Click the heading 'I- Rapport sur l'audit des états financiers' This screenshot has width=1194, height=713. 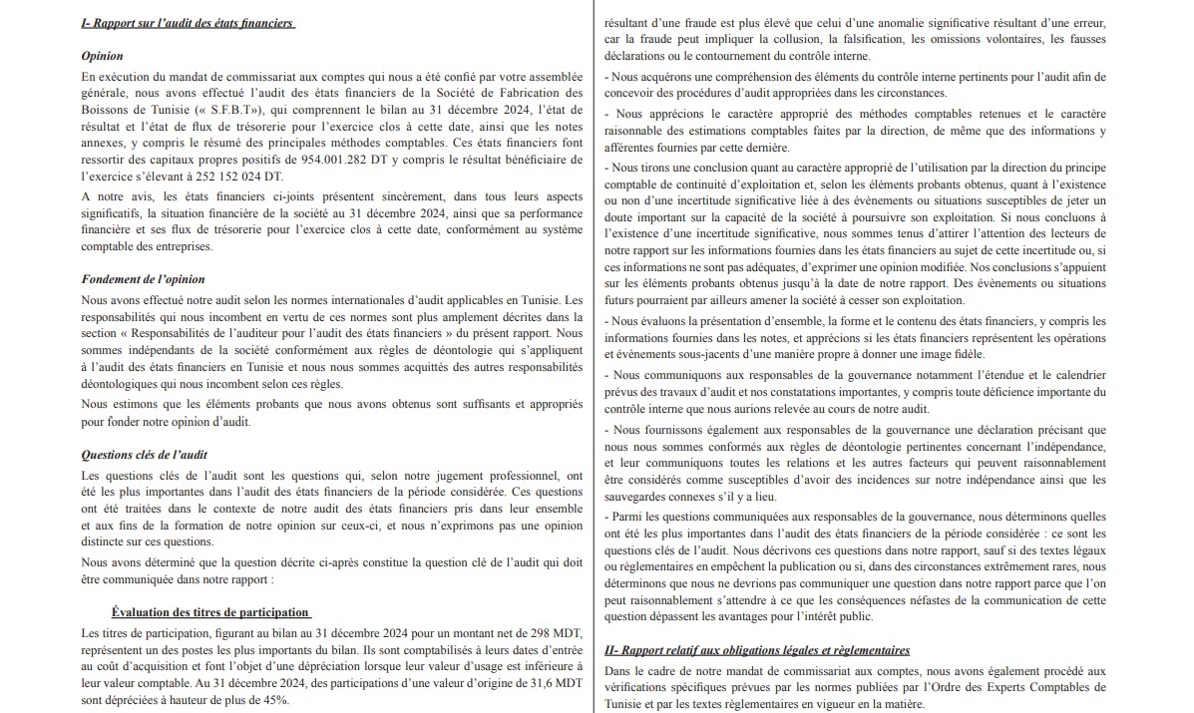188,23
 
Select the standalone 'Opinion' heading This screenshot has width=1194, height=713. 102,57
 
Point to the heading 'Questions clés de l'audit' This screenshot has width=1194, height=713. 144,455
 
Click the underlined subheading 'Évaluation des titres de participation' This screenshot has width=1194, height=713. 210,612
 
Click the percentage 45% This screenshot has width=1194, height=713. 270,699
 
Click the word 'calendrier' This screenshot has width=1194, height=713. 1072,375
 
